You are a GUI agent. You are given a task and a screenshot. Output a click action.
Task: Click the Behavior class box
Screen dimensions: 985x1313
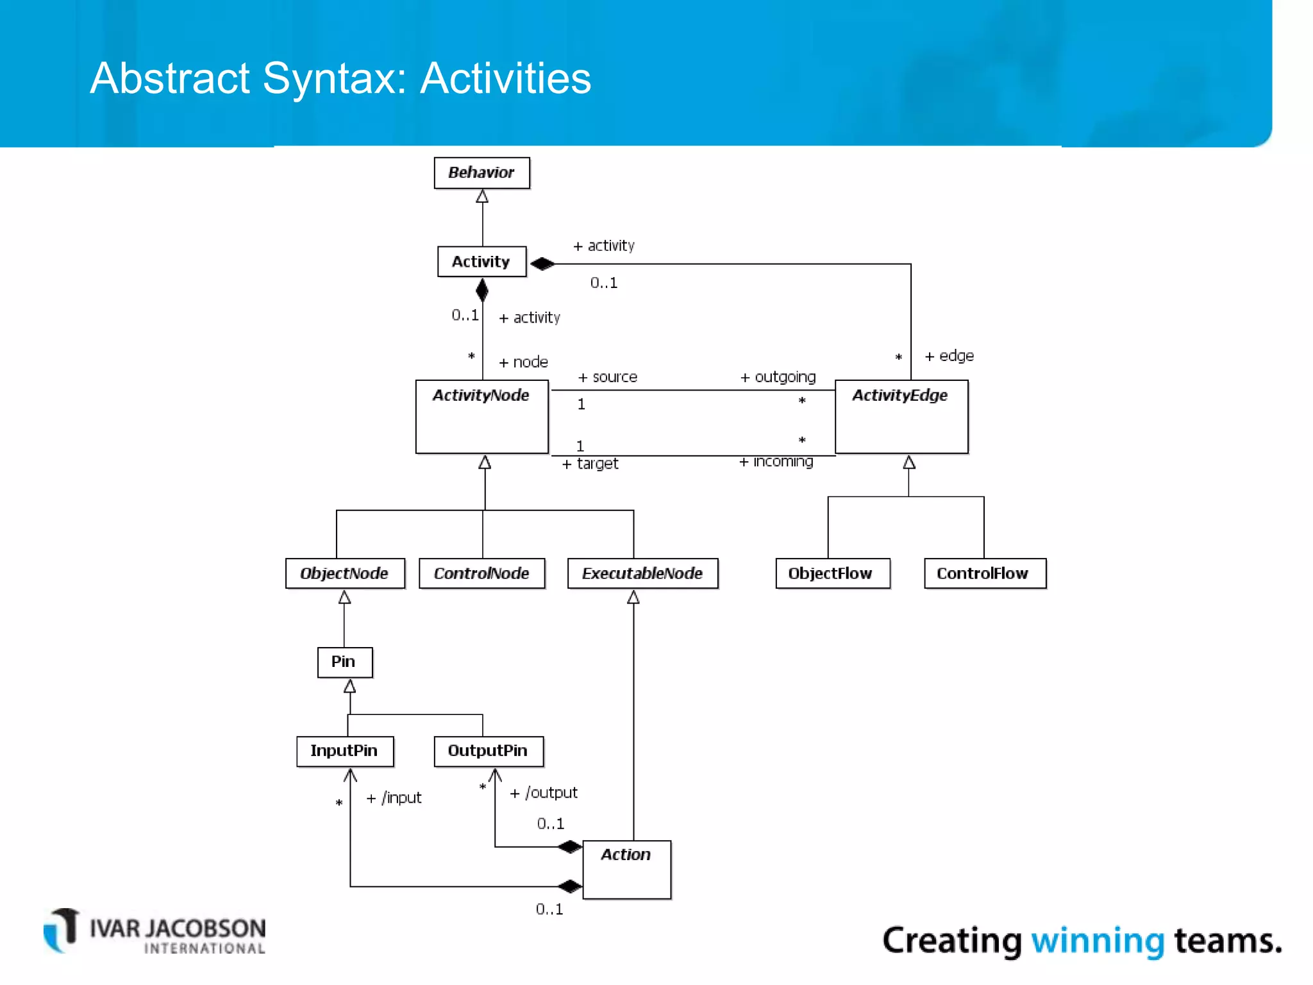(x=481, y=173)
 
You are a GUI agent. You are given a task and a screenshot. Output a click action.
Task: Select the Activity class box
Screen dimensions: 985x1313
(x=481, y=262)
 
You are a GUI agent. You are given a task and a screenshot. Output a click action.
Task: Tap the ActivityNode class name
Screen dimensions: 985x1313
(x=481, y=395)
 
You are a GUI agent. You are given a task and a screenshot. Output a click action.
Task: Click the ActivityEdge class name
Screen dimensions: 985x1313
(x=899, y=395)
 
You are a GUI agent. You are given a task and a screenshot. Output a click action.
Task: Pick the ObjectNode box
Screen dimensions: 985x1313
(x=345, y=573)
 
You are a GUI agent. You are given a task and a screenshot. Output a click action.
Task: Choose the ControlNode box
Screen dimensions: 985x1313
(x=481, y=573)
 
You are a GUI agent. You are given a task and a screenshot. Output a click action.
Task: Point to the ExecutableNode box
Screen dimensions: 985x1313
(x=642, y=573)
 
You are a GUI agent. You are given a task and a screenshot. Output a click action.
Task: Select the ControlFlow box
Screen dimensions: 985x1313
(x=983, y=573)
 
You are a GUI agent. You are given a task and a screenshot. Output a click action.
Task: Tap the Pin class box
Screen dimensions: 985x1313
(x=344, y=662)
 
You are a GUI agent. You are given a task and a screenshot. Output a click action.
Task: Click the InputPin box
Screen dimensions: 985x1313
(x=345, y=751)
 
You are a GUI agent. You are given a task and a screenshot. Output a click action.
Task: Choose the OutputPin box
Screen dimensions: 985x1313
(x=488, y=751)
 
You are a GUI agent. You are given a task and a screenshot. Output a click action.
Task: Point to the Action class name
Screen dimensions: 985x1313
(x=626, y=854)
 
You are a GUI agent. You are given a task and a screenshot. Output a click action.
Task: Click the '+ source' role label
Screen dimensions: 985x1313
(x=608, y=377)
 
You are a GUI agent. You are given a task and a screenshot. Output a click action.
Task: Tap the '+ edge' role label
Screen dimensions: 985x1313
(x=949, y=356)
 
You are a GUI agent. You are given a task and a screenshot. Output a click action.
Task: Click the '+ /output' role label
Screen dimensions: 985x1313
(x=544, y=793)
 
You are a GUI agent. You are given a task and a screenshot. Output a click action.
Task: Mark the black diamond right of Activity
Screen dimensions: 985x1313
(x=542, y=264)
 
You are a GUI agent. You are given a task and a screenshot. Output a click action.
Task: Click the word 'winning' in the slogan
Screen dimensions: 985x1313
(x=1097, y=941)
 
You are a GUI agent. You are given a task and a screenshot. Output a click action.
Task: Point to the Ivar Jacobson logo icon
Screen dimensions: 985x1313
(x=62, y=930)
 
